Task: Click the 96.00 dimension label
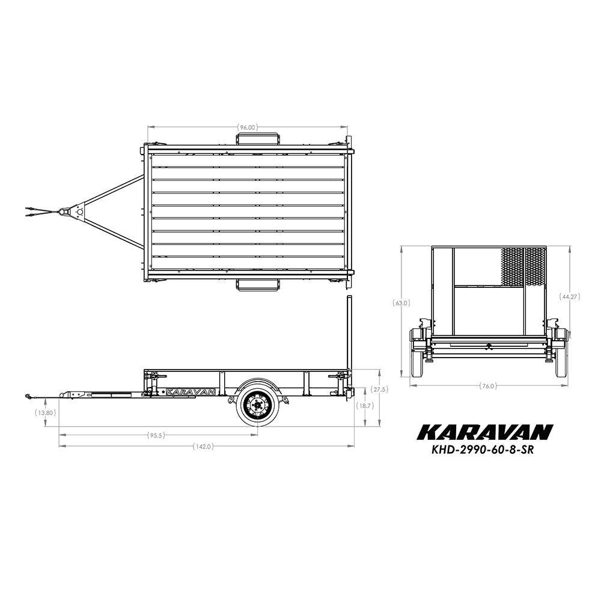pyautogui.click(x=247, y=127)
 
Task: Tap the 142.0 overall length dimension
pyautogui.click(x=203, y=446)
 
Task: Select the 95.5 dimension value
pyautogui.click(x=156, y=435)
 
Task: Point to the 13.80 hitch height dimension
pyautogui.click(x=46, y=413)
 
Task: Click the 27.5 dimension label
pyautogui.click(x=380, y=389)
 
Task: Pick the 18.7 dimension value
pyautogui.click(x=365, y=406)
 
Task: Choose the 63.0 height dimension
pyautogui.click(x=401, y=303)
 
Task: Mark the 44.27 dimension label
pyautogui.click(x=570, y=297)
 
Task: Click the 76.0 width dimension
pyautogui.click(x=488, y=386)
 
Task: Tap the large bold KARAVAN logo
pyautogui.click(x=485, y=432)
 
